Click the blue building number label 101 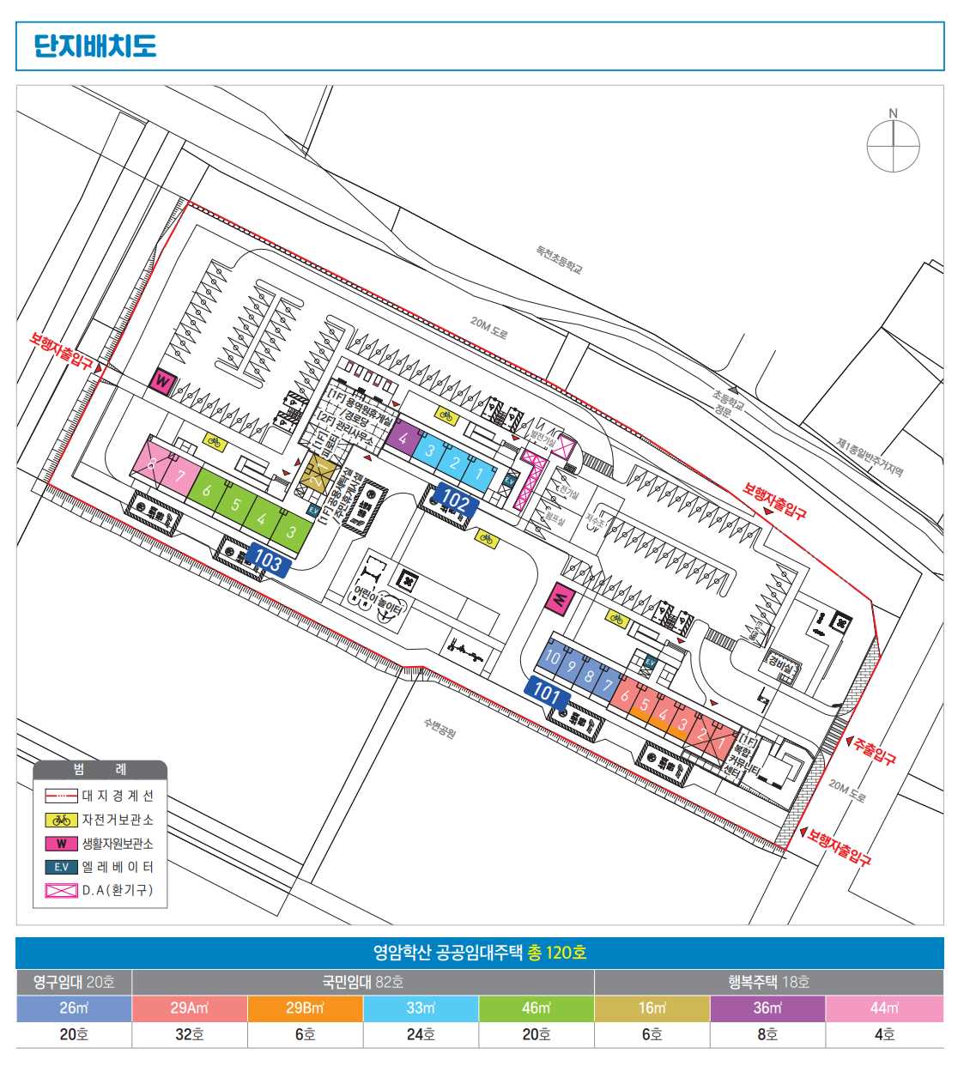[547, 691]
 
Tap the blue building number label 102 [456, 501]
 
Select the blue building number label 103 [267, 560]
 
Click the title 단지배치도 [95, 45]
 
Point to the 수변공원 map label [440, 729]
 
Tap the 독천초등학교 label [560, 259]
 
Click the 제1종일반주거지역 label [870, 457]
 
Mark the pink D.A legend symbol [62, 890]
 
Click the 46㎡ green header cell [536, 1008]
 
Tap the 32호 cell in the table [190, 1034]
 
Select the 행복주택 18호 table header [768, 981]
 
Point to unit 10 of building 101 [553, 658]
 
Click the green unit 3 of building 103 [291, 531]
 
